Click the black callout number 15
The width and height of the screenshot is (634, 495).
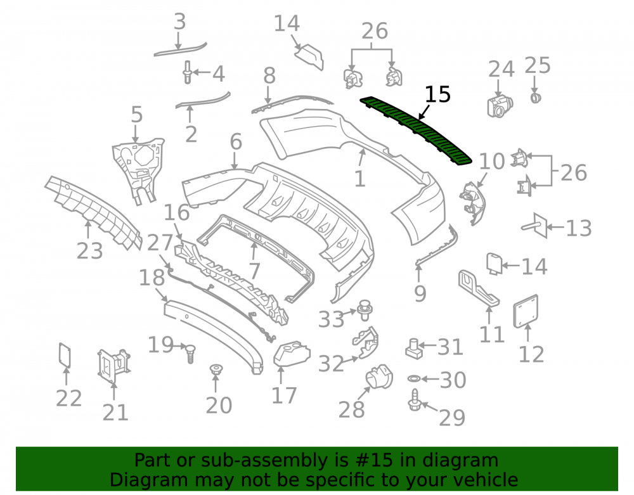(437, 94)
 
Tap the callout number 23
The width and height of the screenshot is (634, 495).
(90, 251)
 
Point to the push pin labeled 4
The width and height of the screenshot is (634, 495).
(187, 72)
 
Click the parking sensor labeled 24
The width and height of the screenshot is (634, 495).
(500, 106)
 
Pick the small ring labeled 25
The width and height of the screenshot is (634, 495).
(536, 98)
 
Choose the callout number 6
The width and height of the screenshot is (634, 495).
(236, 142)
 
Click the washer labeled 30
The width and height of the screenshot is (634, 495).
(414, 378)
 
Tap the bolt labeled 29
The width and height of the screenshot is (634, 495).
(415, 400)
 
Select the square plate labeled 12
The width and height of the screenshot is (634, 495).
(526, 311)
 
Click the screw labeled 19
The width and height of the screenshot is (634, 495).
(190, 354)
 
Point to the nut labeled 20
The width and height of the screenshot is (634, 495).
(216, 369)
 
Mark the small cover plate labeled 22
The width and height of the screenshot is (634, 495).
(65, 355)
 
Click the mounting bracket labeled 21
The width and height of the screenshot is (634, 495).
(113, 366)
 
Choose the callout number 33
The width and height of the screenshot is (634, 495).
(331, 319)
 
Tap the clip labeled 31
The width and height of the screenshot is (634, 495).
(413, 349)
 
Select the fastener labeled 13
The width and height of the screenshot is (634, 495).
(536, 226)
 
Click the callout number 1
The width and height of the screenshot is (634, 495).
(359, 179)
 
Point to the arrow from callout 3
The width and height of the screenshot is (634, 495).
(178, 41)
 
